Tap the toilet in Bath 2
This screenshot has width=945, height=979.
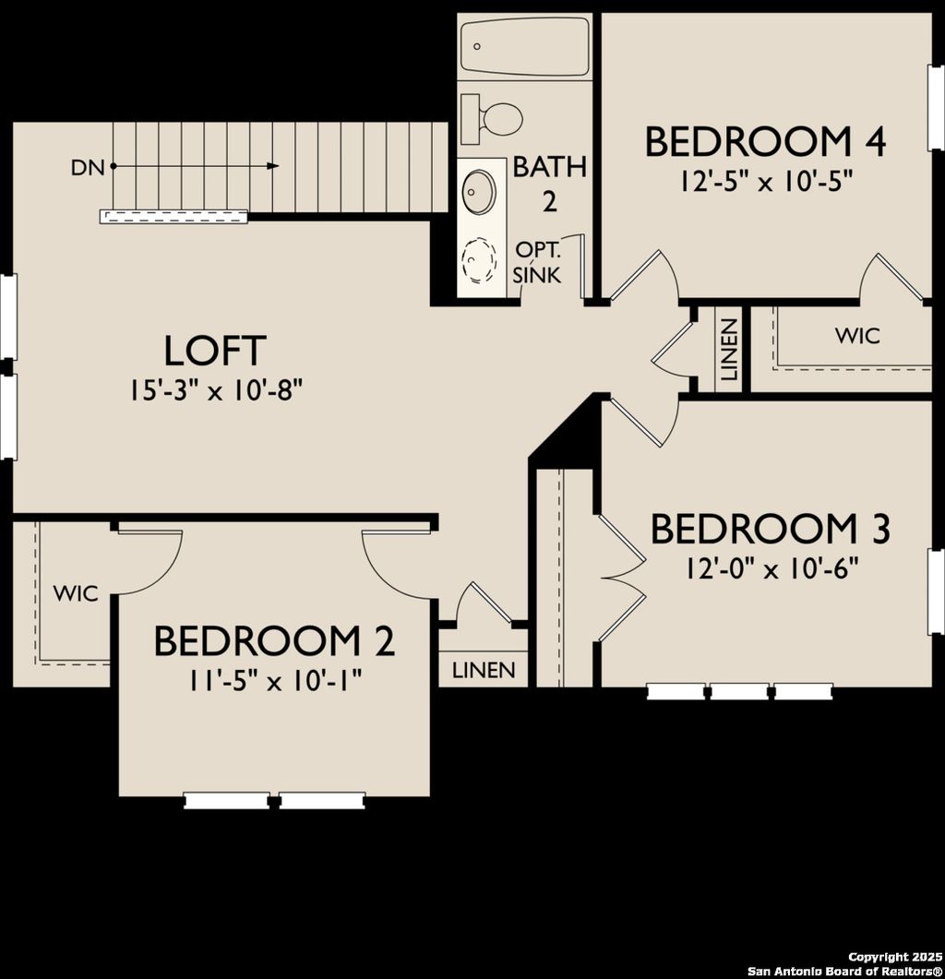494,118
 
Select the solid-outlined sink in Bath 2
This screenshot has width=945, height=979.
479,192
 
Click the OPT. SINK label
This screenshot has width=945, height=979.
537,262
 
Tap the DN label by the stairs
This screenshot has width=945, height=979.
87,167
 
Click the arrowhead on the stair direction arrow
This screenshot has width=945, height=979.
273,166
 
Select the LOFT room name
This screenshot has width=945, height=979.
215,352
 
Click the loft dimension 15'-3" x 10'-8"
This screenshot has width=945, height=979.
217,391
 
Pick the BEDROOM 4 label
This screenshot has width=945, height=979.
765,143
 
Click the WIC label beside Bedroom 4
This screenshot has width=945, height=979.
857,336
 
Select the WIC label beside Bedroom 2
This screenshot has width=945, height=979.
75,593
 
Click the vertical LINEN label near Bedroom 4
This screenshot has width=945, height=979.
729,350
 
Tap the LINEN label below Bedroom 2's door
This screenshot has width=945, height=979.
484,670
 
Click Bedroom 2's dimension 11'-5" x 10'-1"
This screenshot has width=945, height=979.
274,679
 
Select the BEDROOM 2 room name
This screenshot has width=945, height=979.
274,641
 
